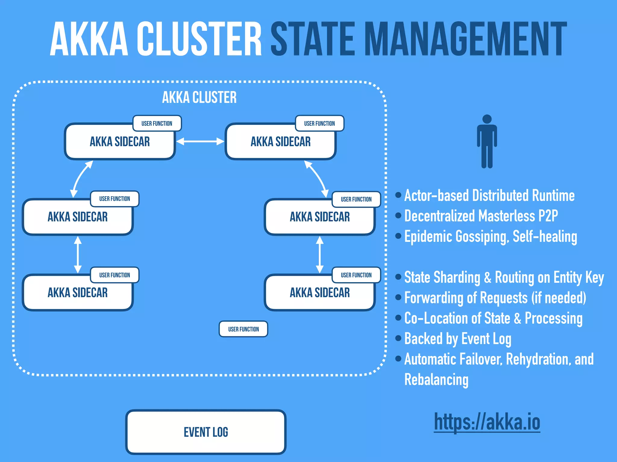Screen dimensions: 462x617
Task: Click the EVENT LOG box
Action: pos(206,432)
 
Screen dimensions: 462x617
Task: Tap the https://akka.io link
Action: pos(487,422)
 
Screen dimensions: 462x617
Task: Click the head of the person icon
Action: pos(487,119)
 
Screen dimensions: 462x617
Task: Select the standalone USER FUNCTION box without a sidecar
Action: pos(243,329)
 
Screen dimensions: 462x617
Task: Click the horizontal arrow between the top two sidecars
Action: pos(200,141)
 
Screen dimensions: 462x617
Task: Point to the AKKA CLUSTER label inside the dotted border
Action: pos(199,97)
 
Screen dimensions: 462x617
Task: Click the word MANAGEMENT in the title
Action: pos(465,39)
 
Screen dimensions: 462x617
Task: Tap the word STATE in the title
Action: pos(313,39)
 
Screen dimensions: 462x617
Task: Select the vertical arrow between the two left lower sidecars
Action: pos(78,254)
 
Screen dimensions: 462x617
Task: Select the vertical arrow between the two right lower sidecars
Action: pos(320,254)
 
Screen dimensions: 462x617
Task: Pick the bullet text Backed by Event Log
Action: pos(457,339)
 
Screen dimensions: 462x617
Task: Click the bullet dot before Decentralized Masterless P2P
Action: pos(398,215)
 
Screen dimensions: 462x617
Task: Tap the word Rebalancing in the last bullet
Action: pos(436,380)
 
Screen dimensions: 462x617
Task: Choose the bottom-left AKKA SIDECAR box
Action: pos(78,293)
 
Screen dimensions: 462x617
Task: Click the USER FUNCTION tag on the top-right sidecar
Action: pos(319,123)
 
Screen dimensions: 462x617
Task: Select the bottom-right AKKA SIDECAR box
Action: pos(320,293)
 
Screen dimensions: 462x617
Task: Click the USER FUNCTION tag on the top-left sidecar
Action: pos(157,123)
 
